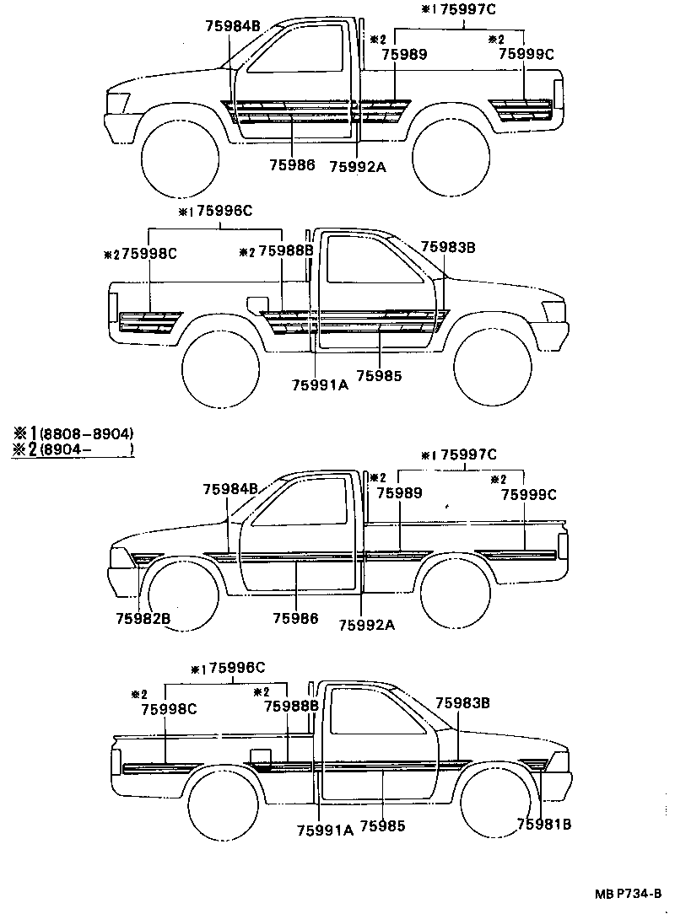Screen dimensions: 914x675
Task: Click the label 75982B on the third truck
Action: click(143, 619)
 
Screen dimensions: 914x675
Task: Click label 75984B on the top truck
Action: click(233, 26)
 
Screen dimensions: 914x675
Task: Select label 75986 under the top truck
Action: click(292, 165)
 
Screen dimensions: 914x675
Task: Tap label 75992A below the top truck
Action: click(357, 167)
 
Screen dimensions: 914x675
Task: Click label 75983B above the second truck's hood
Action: click(449, 246)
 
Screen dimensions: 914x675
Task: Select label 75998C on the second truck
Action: click(148, 252)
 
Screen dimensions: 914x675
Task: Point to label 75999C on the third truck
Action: click(528, 495)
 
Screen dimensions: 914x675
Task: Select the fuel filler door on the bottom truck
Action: click(261, 756)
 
